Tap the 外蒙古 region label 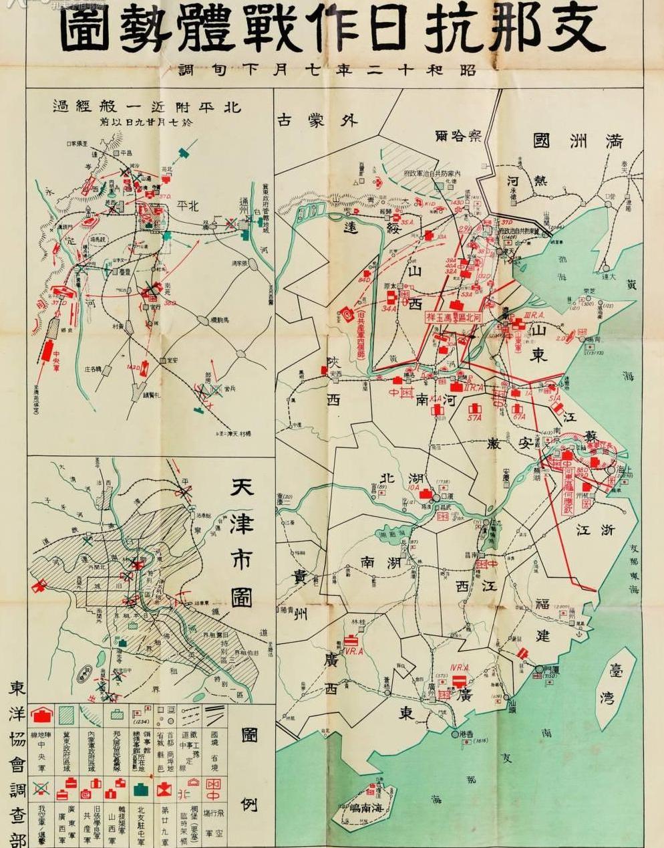317,120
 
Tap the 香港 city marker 456,734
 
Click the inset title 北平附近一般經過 147,106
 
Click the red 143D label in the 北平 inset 134,367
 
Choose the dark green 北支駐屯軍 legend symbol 141,790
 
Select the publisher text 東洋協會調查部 16,762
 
